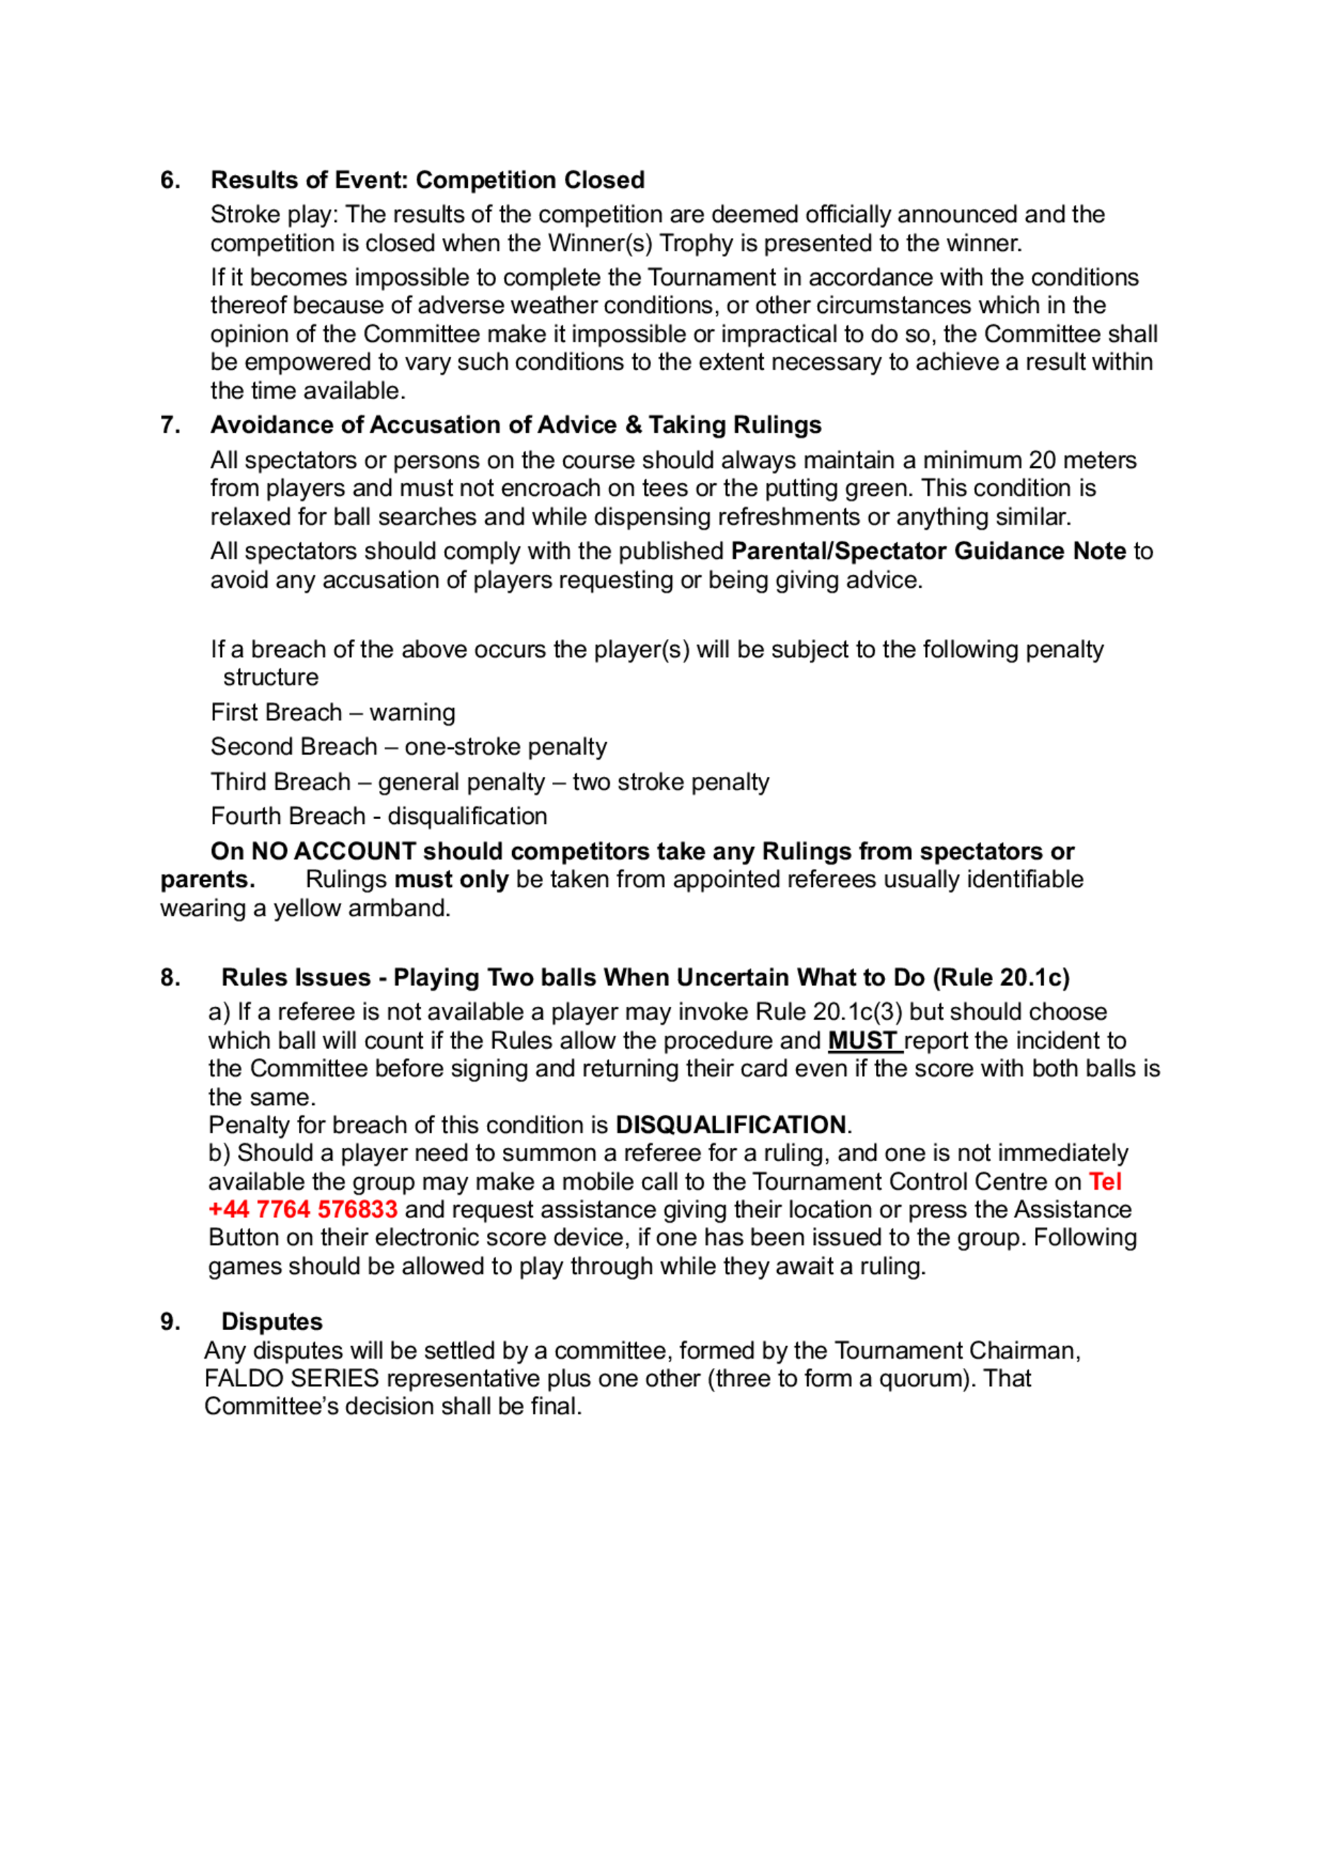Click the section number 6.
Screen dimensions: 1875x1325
point(170,180)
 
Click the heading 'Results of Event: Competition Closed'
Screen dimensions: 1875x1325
point(427,180)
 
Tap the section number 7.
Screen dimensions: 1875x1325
point(170,425)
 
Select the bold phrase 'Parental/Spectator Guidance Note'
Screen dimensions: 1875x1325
point(928,551)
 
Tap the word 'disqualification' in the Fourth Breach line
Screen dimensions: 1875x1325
point(467,816)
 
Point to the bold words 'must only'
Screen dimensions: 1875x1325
point(450,880)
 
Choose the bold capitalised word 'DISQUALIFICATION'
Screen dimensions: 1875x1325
point(730,1125)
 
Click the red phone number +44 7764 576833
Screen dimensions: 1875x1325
point(303,1210)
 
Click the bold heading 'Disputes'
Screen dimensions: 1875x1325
point(272,1322)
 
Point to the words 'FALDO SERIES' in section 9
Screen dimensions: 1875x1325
point(291,1379)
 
